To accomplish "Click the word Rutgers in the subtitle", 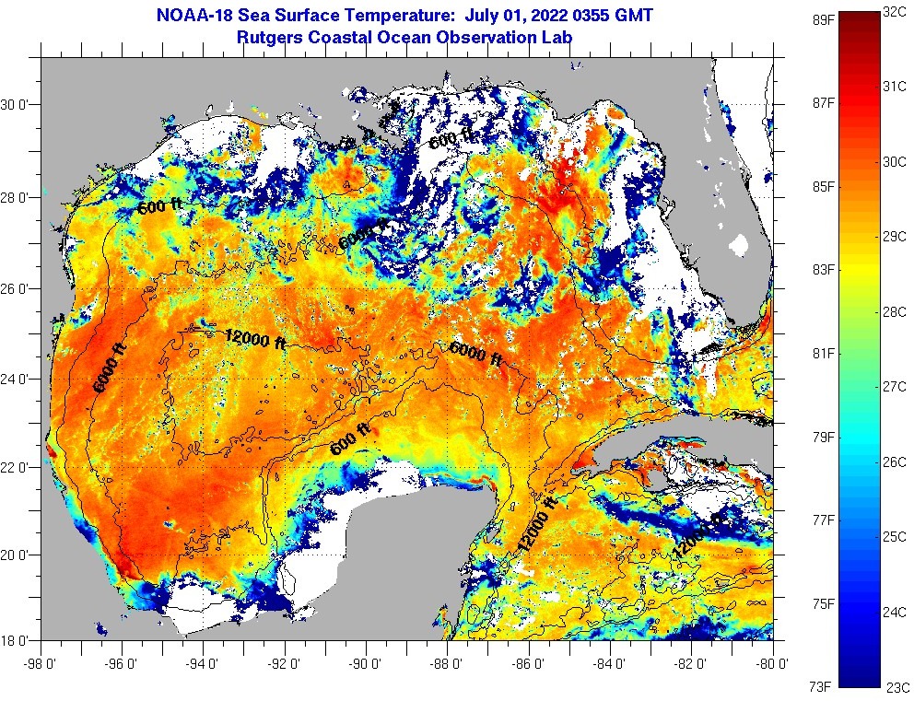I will click(x=269, y=37).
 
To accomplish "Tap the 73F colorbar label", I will click(x=823, y=686).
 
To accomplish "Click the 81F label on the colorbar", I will click(x=823, y=353).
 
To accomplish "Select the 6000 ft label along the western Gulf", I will click(x=109, y=367).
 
